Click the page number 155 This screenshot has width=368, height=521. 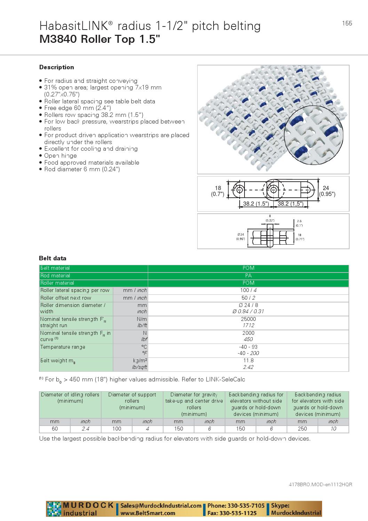click(347, 23)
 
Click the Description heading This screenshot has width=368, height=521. click(56, 67)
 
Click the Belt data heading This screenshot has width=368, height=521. click(53, 258)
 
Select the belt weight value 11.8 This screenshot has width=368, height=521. click(248, 361)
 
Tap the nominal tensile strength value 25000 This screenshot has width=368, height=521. click(248, 319)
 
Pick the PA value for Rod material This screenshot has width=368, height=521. click(248, 275)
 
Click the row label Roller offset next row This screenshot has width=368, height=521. click(66, 298)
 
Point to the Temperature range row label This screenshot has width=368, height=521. click(63, 347)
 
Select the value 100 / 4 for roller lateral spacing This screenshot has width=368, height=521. click(248, 290)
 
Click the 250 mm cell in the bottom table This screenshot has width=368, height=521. click(302, 429)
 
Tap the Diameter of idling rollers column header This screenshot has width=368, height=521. click(70, 398)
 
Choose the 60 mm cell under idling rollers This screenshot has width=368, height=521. click(55, 429)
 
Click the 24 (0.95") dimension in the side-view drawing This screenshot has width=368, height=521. click(327, 191)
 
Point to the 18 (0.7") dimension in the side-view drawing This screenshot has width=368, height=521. click(218, 191)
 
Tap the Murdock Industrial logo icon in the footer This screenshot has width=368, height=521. click(54, 509)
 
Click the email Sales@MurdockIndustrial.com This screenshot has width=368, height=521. click(161, 505)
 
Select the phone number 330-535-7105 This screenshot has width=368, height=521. click(246, 505)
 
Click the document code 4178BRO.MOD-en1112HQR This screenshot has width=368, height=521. click(320, 484)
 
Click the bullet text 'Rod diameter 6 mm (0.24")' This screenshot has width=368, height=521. click(82, 169)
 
